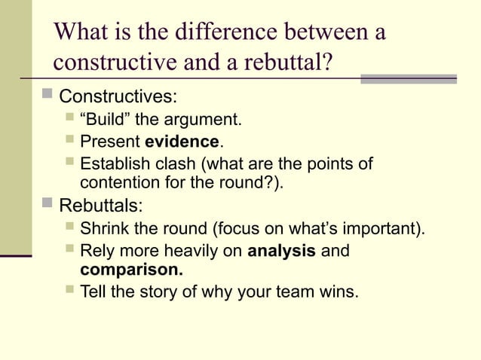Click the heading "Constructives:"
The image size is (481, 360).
click(x=118, y=98)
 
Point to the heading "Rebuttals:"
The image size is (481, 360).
click(x=100, y=206)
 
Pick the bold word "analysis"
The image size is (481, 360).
click(x=281, y=251)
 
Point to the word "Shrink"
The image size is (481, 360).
click(x=105, y=228)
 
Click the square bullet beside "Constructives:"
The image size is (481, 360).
click(x=47, y=96)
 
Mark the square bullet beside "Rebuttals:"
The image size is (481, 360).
click(x=47, y=203)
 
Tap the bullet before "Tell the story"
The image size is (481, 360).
click(x=69, y=289)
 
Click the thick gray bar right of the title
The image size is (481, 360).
click(x=408, y=78)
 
